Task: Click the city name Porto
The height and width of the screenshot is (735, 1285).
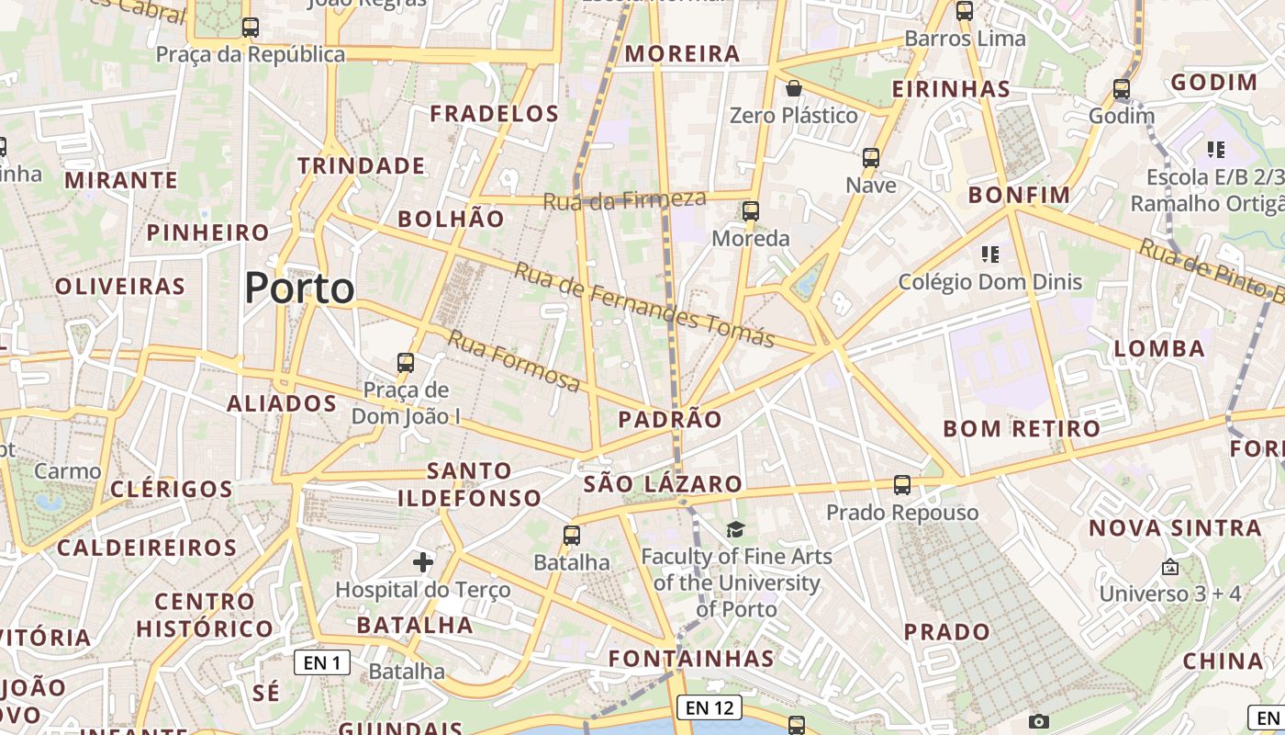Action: pos(299,288)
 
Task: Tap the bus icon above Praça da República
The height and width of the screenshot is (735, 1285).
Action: pos(251,28)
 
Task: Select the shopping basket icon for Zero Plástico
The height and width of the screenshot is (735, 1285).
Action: pos(794,88)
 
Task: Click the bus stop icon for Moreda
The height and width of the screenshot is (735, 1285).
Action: pos(751,211)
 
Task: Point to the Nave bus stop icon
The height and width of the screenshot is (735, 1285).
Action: pos(871,158)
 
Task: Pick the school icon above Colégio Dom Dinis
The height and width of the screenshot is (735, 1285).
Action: pos(989,254)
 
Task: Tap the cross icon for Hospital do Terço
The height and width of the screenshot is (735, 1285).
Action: pos(423,561)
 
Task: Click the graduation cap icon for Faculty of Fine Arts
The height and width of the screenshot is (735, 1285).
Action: pos(735,529)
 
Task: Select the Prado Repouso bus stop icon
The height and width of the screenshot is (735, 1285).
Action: pos(902,485)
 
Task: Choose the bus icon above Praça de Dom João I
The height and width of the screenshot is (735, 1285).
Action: pos(406,363)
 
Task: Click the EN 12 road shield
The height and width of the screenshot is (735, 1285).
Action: pos(710,707)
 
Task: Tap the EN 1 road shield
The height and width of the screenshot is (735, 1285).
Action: pos(322,661)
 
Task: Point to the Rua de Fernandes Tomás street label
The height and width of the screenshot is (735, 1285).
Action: pos(643,304)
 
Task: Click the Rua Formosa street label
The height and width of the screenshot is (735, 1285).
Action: pos(513,360)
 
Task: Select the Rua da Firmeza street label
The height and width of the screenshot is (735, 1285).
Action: pos(625,199)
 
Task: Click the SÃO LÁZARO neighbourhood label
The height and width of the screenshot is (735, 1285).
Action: pos(663,484)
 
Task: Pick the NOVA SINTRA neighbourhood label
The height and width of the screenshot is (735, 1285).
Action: pos(1176,528)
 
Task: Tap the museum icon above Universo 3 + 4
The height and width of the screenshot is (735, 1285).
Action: pos(1169,567)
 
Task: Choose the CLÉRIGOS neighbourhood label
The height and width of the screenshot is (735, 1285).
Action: pos(172,489)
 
